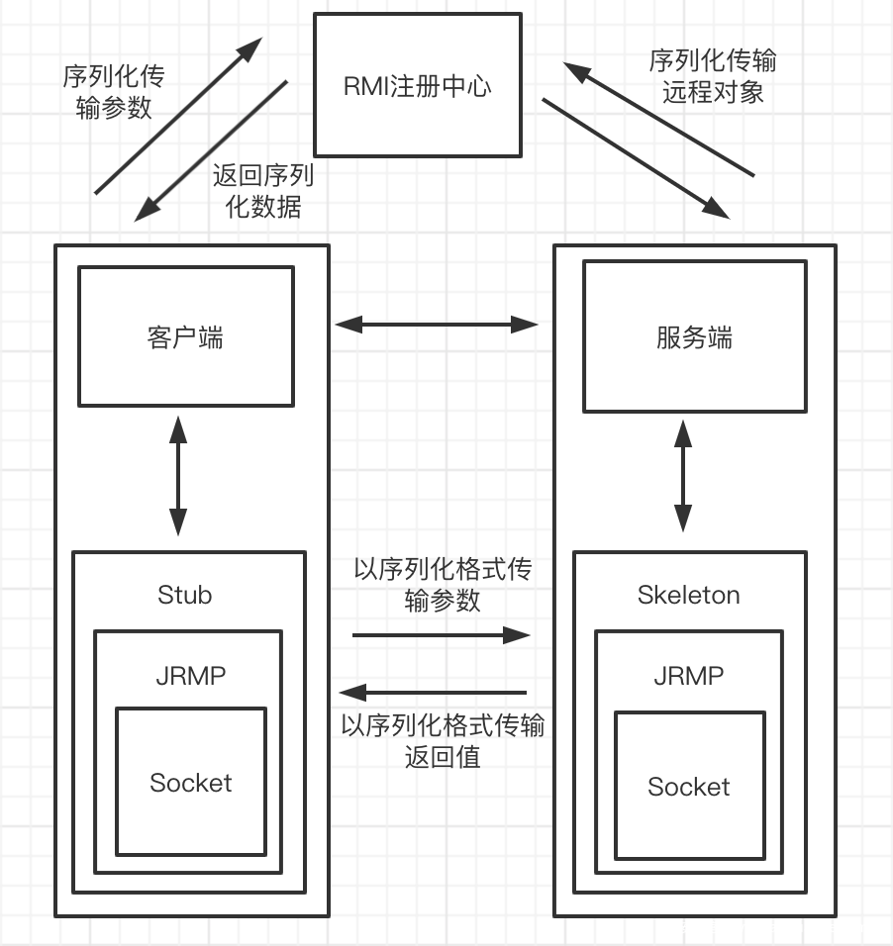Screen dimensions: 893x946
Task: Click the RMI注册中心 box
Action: point(417,85)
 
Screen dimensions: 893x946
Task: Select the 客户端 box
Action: point(185,336)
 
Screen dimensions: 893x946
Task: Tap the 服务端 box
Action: point(694,336)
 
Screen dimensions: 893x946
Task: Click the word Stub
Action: point(185,595)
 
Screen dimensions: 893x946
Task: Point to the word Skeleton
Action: point(688,595)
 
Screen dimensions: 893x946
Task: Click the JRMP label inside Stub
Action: point(190,676)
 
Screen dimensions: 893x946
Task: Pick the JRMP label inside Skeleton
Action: point(688,676)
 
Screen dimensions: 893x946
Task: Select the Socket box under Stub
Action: point(190,782)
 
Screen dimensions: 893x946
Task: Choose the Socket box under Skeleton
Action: point(689,786)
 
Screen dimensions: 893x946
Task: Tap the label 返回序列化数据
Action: point(262,191)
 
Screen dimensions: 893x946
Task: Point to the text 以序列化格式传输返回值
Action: point(443,741)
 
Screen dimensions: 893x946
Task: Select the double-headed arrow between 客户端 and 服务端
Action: point(436,324)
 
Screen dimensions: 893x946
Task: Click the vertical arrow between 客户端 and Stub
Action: point(178,477)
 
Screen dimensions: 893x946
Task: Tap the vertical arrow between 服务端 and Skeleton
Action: point(683,475)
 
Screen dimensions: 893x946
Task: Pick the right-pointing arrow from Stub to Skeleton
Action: point(442,634)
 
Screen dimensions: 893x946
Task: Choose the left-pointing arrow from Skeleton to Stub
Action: point(433,692)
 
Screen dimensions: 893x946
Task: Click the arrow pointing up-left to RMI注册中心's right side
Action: point(658,118)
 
